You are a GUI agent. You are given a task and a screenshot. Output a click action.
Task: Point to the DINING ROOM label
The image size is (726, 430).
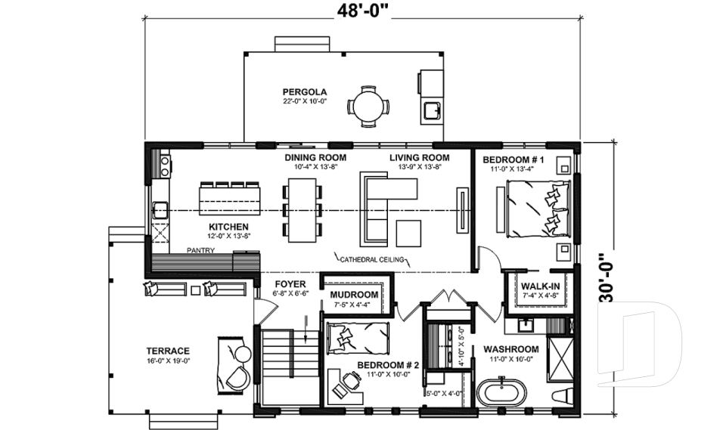315,158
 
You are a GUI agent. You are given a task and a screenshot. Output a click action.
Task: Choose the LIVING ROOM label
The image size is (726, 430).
419,158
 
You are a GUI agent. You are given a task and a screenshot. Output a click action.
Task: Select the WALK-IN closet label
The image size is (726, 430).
540,286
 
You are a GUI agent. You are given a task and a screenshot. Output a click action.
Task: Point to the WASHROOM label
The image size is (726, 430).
511,349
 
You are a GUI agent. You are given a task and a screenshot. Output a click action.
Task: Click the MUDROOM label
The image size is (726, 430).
354,295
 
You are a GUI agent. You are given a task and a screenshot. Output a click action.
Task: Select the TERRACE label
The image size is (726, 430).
168,351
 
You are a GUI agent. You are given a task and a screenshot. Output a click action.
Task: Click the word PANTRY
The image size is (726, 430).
200,250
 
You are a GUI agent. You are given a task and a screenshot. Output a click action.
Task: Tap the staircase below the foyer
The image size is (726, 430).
288,366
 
